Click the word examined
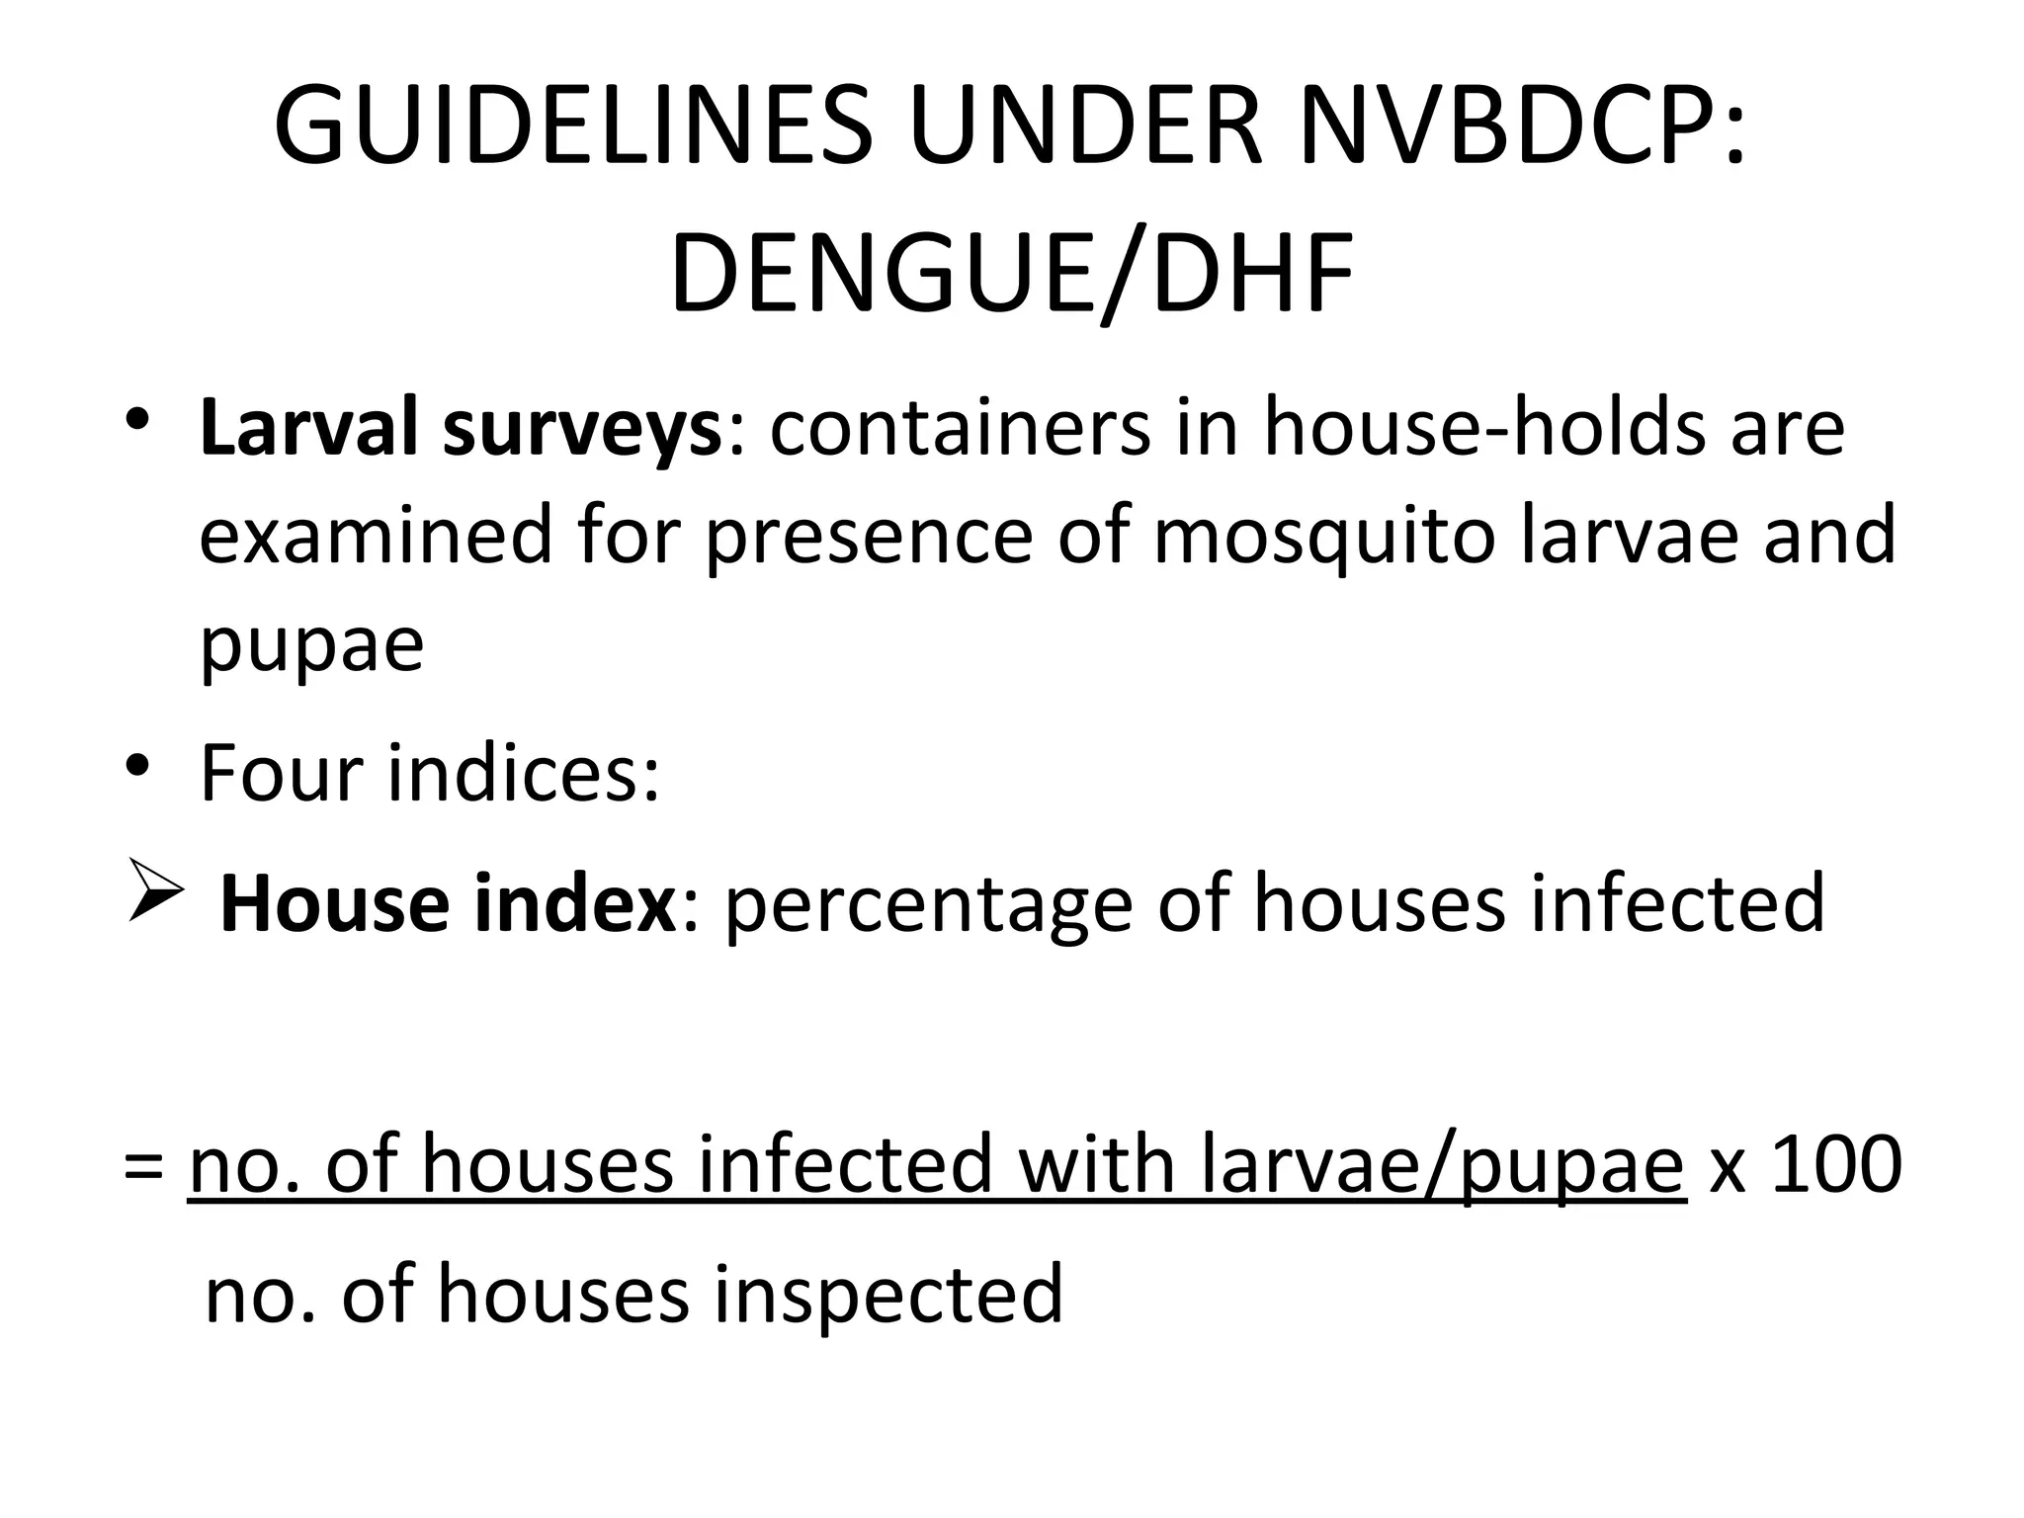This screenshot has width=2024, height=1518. tap(376, 535)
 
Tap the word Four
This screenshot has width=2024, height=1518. tap(281, 774)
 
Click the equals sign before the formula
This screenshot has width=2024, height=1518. tap(144, 1166)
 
